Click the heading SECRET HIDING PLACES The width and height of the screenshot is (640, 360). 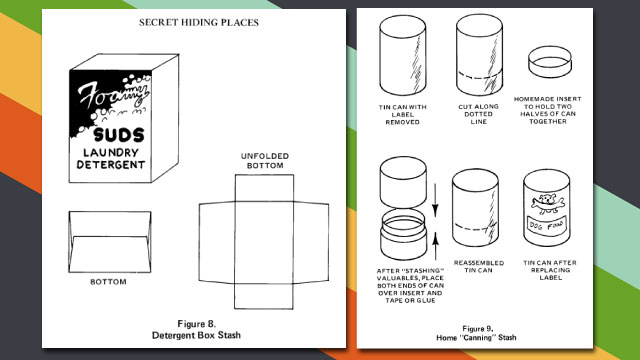coord(199,22)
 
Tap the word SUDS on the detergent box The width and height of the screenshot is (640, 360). coord(119,135)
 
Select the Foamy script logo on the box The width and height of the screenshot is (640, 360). coord(113,95)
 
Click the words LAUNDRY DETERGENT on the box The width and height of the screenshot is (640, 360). coord(111,158)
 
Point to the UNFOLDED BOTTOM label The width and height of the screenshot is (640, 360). coord(264,161)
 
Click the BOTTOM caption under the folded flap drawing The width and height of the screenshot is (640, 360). coord(108,282)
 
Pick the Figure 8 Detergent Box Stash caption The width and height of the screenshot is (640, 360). coord(196,329)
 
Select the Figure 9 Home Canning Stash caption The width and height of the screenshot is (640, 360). coord(476,333)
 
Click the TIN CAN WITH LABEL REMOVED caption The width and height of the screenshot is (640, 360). coord(402,114)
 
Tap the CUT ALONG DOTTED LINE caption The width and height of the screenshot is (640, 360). coord(478,114)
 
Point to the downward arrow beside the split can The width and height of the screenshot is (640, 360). coord(435,200)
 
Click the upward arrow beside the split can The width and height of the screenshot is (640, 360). coord(436,246)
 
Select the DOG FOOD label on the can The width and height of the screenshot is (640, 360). coord(547,225)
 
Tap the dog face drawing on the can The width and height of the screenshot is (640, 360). coord(547,203)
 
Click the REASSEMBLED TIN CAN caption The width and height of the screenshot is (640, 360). coord(479,267)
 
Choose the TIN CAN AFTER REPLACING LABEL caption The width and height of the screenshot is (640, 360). coord(550,270)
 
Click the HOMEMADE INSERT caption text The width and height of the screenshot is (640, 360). coord(547,110)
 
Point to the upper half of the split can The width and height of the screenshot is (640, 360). coord(402,182)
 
